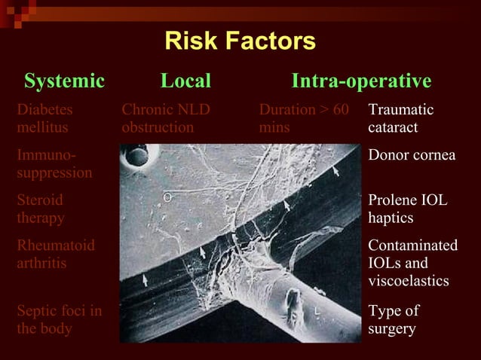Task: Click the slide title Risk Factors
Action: [x=240, y=41]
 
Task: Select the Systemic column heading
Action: [x=64, y=81]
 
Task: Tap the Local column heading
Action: [x=185, y=81]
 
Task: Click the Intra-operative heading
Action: [x=361, y=81]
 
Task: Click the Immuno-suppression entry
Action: [x=54, y=164]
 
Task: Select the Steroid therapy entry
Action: [x=41, y=209]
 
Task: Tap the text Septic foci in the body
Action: [x=60, y=320]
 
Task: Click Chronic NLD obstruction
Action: [x=166, y=119]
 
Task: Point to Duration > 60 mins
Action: [x=304, y=119]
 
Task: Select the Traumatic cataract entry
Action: [x=401, y=119]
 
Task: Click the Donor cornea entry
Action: [x=412, y=155]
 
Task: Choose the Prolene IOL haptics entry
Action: [x=407, y=209]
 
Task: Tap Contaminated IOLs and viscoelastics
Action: [x=412, y=264]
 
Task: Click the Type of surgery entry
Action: [x=394, y=320]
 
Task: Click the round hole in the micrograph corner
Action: [x=137, y=157]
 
